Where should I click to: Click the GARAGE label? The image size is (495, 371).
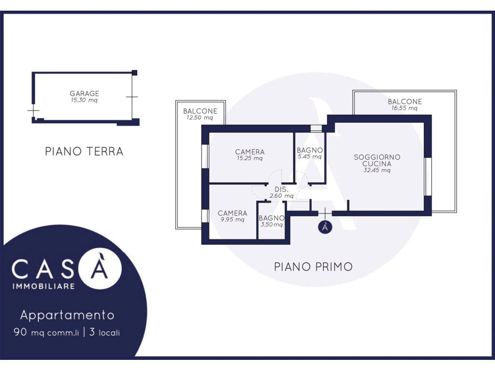pos(84,93)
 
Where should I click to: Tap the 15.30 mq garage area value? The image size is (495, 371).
pos(84,100)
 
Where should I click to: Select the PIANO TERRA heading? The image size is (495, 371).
pos(84,151)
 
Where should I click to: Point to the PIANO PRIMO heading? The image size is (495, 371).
pos(313,267)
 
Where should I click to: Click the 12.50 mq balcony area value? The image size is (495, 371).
pos(200,118)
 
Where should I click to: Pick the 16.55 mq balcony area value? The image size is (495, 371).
pos(405,108)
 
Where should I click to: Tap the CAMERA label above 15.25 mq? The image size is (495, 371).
pos(250,152)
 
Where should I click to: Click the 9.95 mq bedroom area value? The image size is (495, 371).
pos(233,220)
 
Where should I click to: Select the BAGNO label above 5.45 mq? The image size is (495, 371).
pos(310,150)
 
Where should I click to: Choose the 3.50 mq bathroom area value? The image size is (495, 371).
pos(272,225)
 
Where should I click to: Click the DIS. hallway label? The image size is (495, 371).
pos(281,189)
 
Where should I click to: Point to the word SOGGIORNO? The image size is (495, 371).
pos(377,157)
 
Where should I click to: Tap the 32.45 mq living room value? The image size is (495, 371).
pos(377,171)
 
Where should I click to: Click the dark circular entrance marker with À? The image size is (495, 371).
pos(325,227)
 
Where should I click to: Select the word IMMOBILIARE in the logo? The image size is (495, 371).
pos(44,286)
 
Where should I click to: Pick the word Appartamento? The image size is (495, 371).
pos(67,315)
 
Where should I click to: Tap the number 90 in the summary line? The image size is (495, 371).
pos(20,332)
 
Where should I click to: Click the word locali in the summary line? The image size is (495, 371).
pos(109,332)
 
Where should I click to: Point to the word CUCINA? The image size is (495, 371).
pos(377,164)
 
